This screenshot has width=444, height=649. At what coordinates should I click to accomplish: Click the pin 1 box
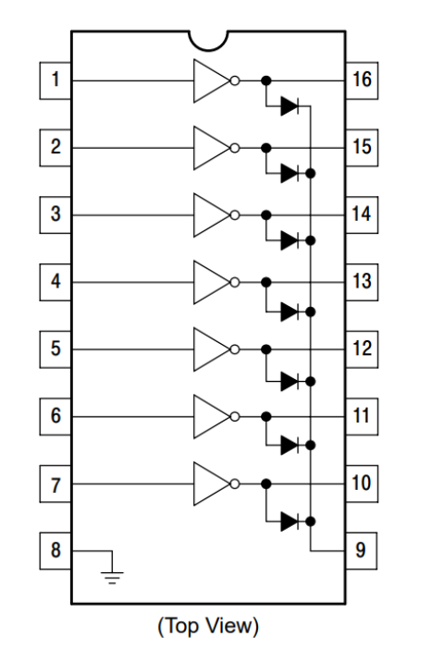click(55, 80)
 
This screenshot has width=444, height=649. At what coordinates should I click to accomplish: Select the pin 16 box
click(362, 80)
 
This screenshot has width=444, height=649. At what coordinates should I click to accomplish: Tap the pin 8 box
click(55, 551)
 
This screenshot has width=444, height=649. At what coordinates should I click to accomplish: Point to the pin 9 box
click(361, 551)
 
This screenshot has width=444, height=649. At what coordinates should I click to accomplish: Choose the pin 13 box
click(362, 282)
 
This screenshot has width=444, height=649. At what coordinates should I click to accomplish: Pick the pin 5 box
click(55, 349)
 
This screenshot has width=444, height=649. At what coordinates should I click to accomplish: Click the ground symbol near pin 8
click(112, 578)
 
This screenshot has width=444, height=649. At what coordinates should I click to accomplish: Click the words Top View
click(208, 625)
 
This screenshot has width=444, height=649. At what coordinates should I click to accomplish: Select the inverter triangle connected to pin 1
click(211, 80)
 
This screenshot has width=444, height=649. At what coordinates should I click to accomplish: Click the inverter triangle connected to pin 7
click(211, 484)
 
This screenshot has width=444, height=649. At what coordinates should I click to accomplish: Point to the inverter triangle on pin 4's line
click(211, 282)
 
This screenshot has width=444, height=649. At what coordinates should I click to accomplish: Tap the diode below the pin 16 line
click(290, 106)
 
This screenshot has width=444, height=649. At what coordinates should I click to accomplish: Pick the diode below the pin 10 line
click(290, 521)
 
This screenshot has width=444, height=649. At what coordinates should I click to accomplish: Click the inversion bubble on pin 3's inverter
click(235, 215)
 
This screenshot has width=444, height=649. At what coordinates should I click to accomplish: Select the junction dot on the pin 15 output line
click(266, 148)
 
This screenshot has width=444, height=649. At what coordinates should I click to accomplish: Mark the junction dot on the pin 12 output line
click(266, 349)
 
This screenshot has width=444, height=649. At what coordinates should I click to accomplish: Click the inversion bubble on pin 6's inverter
click(235, 416)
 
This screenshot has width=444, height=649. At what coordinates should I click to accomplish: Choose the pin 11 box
click(362, 416)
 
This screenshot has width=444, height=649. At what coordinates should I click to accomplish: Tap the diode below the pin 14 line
click(290, 240)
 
